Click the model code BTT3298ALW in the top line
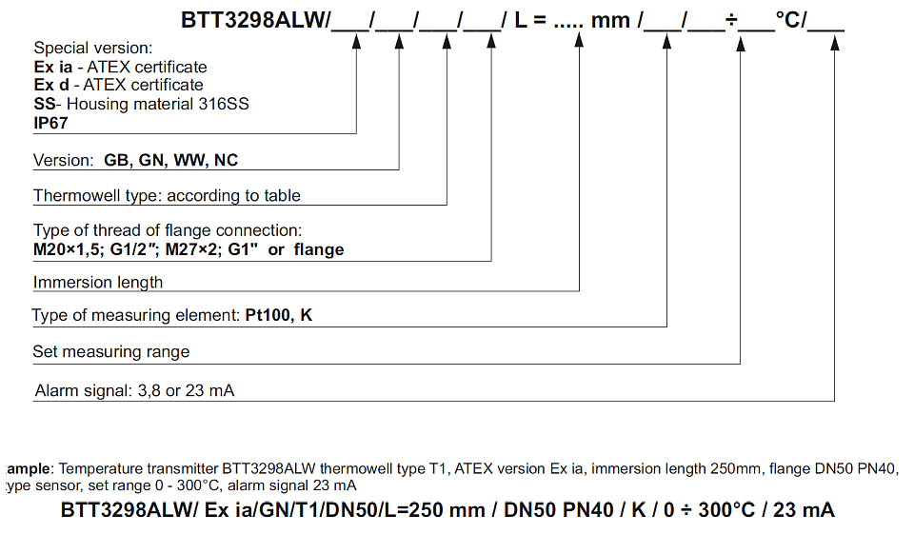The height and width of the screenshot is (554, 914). pyautogui.click(x=251, y=20)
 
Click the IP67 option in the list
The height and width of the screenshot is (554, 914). pyautogui.click(x=50, y=122)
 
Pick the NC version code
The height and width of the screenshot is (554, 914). pyautogui.click(x=227, y=160)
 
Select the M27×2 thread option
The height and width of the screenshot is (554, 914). pyautogui.click(x=190, y=249)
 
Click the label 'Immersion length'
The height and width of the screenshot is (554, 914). pyautogui.click(x=98, y=282)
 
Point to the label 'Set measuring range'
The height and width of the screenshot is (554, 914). pyautogui.click(x=111, y=351)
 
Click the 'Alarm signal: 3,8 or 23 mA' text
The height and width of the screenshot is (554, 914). pyautogui.click(x=134, y=390)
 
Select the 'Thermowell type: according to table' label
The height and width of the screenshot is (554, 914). pyautogui.click(x=167, y=195)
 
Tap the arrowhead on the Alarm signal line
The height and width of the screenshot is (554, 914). pyautogui.click(x=835, y=41)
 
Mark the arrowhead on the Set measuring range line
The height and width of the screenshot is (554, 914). pyautogui.click(x=741, y=41)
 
